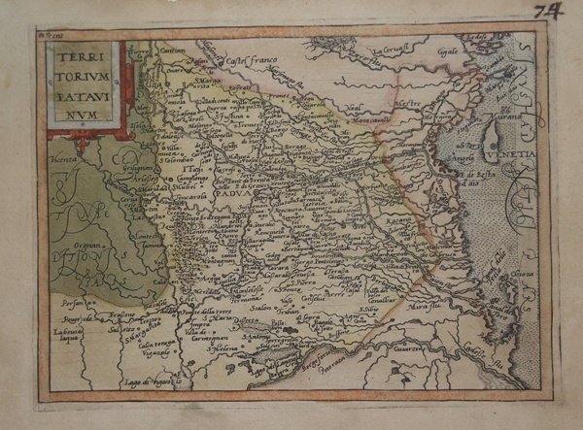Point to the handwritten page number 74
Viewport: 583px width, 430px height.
tap(556, 12)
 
